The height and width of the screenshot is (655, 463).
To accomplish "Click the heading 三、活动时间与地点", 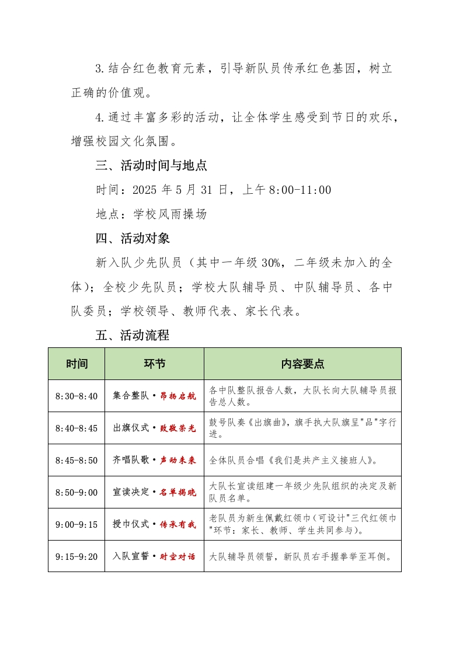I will pos(151,166).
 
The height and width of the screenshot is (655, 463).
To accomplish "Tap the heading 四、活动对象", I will pos(133,238).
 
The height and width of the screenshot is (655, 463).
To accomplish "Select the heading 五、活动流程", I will pos(133,335).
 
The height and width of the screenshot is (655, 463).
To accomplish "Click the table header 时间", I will pos(76,364).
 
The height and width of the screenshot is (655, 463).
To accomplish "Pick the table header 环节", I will pos(154,364).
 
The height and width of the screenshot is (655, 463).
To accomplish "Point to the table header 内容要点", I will pos(302,364).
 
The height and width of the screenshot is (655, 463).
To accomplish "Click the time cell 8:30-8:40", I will pos(76,396).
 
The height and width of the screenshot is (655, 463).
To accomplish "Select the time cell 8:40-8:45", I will pos(76,428).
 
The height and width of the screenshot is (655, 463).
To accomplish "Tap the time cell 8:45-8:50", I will pos(76,460).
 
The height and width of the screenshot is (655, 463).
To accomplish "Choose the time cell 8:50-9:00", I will pos(76,492).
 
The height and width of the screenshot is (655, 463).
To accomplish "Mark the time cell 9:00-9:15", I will pos(76,524).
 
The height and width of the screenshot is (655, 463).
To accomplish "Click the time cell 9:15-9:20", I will pos(76,556).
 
